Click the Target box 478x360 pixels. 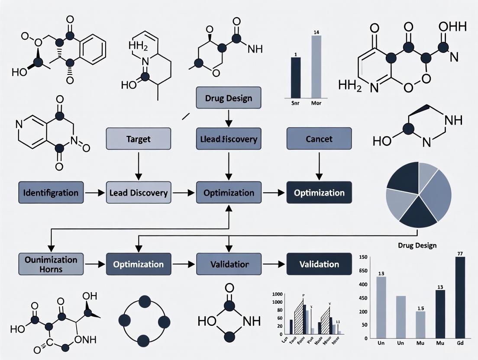(139, 139)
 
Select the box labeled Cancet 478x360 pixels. (319, 139)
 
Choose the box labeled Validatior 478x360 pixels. (229, 264)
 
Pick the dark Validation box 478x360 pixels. (319, 264)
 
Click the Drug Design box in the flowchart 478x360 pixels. (229, 97)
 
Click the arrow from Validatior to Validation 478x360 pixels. (274, 264)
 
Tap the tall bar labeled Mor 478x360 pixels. (316, 66)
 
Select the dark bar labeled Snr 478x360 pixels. (295, 77)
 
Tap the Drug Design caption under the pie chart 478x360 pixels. (417, 245)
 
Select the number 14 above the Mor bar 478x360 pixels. (316, 32)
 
